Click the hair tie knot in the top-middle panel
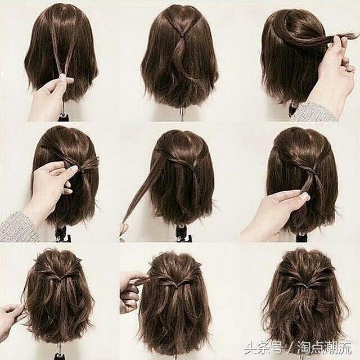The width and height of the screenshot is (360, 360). [182, 36]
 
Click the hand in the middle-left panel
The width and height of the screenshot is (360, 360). [49, 188]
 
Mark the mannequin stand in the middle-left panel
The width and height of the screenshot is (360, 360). [61, 234]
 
